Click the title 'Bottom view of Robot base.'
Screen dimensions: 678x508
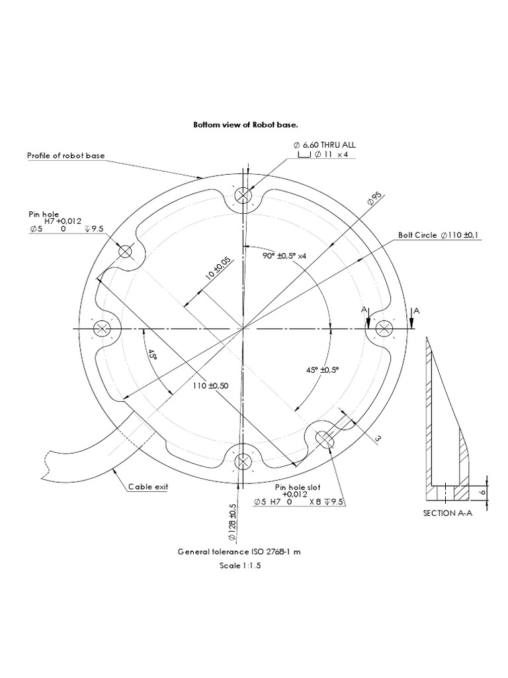tap(249, 124)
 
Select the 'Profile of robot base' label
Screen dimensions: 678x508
tap(65, 156)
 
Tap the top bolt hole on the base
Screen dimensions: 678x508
tap(244, 196)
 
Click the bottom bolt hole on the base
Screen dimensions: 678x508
tap(243, 461)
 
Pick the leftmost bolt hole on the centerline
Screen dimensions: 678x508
tap(102, 328)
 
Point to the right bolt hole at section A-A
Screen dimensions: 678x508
tap(384, 328)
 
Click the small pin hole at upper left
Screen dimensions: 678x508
tap(126, 252)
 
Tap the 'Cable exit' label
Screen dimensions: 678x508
tap(148, 487)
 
